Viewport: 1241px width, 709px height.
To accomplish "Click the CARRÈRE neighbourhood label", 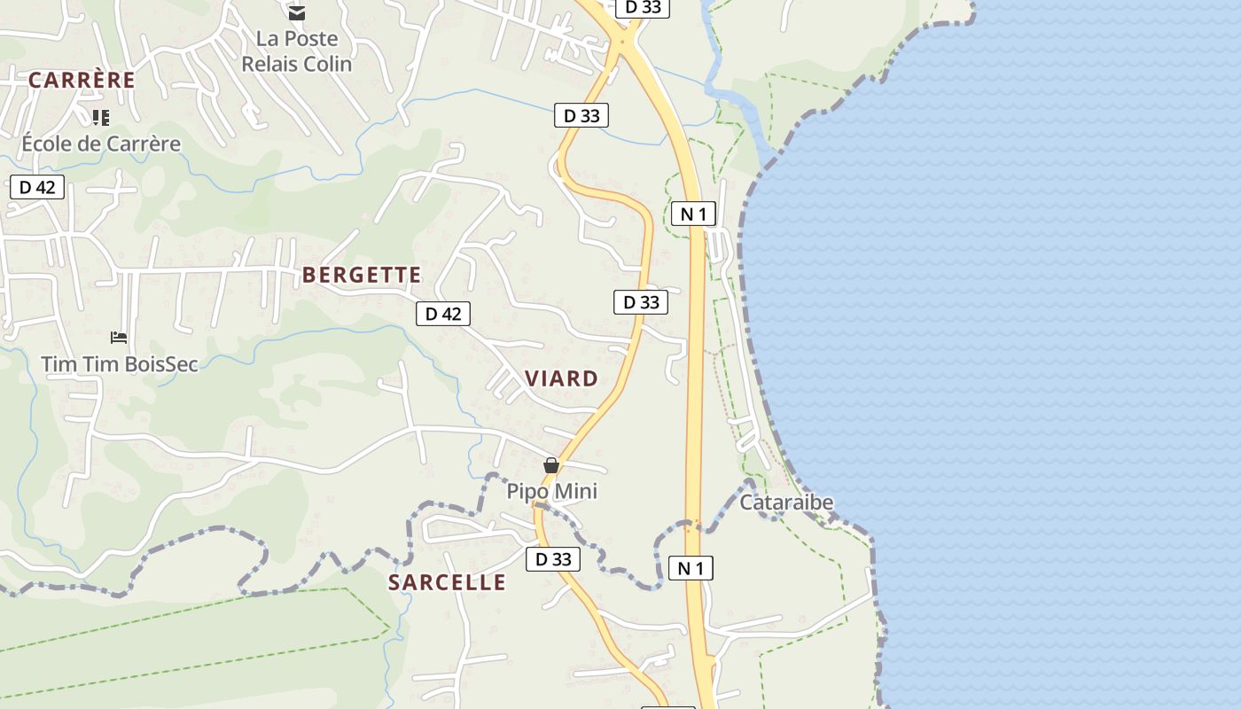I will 82,80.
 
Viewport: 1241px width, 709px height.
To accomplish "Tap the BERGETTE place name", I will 362,275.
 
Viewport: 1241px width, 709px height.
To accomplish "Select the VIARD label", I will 561,378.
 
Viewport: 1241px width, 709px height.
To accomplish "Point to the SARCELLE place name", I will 447,582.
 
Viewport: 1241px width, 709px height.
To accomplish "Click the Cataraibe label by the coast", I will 786,503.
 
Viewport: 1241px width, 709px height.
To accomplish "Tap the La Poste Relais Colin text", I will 296,51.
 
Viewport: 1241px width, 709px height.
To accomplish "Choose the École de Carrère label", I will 101,144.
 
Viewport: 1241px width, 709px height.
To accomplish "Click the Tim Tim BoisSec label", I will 120,363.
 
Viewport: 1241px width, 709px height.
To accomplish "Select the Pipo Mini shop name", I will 551,491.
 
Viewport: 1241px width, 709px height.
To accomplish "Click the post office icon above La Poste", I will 296,12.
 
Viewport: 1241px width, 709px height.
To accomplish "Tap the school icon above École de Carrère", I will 101,117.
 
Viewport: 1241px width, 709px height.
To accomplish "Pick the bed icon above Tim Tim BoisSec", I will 119,337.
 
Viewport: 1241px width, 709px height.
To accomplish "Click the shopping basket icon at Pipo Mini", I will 551,465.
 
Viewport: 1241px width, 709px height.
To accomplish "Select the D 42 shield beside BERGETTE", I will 443,313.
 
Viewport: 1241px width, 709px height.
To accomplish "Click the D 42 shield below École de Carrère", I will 36,187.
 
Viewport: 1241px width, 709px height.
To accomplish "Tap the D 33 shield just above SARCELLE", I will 553,559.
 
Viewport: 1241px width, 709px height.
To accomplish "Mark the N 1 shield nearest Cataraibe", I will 690,568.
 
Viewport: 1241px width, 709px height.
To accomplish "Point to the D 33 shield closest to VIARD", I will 641,302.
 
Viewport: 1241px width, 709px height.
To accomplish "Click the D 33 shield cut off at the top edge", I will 643,7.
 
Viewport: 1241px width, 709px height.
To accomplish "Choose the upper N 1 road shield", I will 693,214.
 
